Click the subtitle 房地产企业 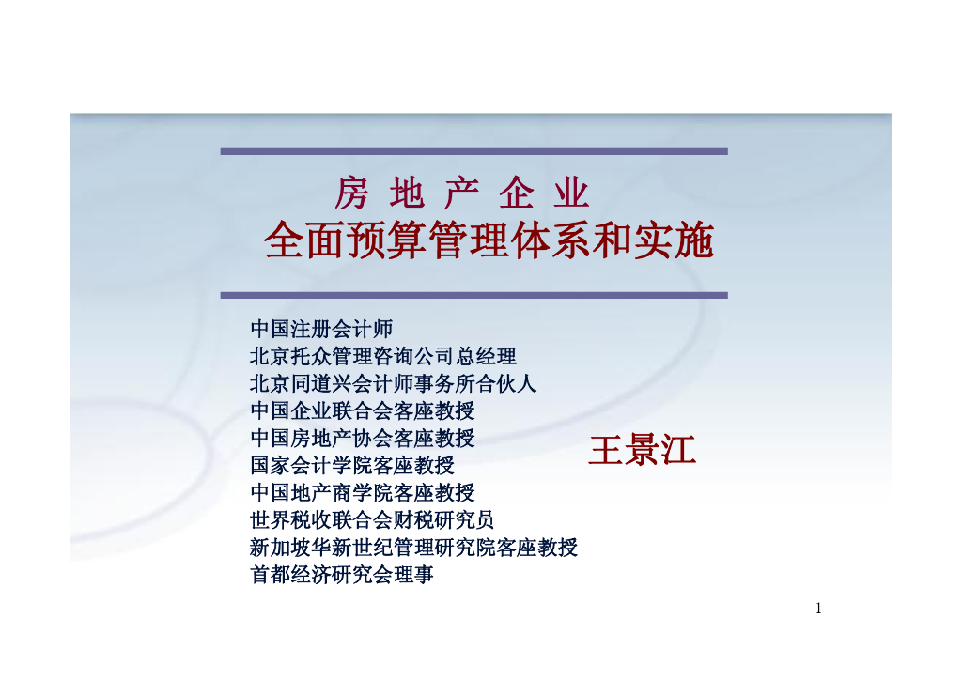coord(462,193)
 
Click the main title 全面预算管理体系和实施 coord(489,241)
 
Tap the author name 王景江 coord(642,451)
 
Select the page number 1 coord(818,609)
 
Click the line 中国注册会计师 coord(321,330)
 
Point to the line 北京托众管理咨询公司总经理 coord(383,357)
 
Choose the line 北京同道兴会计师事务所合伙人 coord(394,384)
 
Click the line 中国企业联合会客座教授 coord(363,411)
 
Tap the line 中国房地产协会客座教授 coord(363,439)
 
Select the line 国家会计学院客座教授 coord(352,466)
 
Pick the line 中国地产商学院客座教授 coord(363,493)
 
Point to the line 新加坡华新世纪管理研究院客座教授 coord(414,548)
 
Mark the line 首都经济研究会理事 coord(342,575)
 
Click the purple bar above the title coord(473,151)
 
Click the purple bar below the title coord(473,295)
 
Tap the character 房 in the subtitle coord(352,193)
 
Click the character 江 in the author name coord(677,451)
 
